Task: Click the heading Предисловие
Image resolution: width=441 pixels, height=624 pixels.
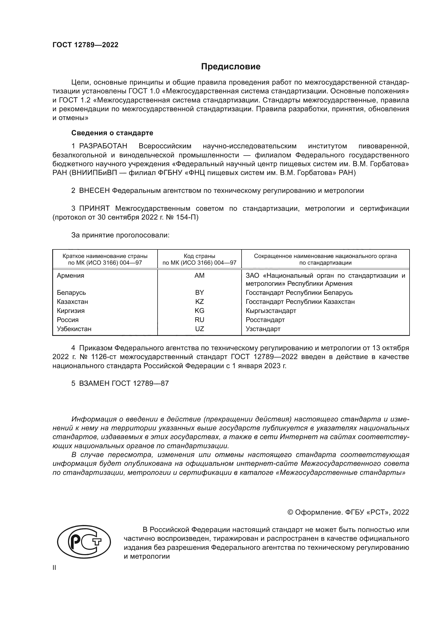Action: (x=231, y=67)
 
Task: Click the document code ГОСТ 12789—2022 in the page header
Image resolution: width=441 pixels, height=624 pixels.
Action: (x=86, y=45)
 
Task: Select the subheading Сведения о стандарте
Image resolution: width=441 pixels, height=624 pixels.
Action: (x=112, y=133)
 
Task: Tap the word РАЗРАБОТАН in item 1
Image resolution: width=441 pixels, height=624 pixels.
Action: (x=103, y=146)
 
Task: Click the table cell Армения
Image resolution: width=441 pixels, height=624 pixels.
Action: (x=71, y=276)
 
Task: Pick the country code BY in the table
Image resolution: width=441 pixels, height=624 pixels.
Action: (x=199, y=293)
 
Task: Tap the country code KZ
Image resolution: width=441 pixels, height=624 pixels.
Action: (x=199, y=302)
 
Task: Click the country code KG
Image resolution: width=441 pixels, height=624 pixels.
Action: (x=199, y=311)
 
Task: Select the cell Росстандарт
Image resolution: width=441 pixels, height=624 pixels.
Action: (x=265, y=320)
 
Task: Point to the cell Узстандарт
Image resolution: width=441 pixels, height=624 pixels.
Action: (x=263, y=329)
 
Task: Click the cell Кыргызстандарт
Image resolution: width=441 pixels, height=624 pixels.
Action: (x=271, y=311)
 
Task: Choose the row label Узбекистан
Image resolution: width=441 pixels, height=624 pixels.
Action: (x=74, y=329)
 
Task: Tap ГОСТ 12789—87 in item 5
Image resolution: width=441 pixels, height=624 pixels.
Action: (x=140, y=383)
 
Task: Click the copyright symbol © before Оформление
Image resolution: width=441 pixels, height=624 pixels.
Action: (x=290, y=512)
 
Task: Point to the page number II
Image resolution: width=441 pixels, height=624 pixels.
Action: (x=54, y=568)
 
